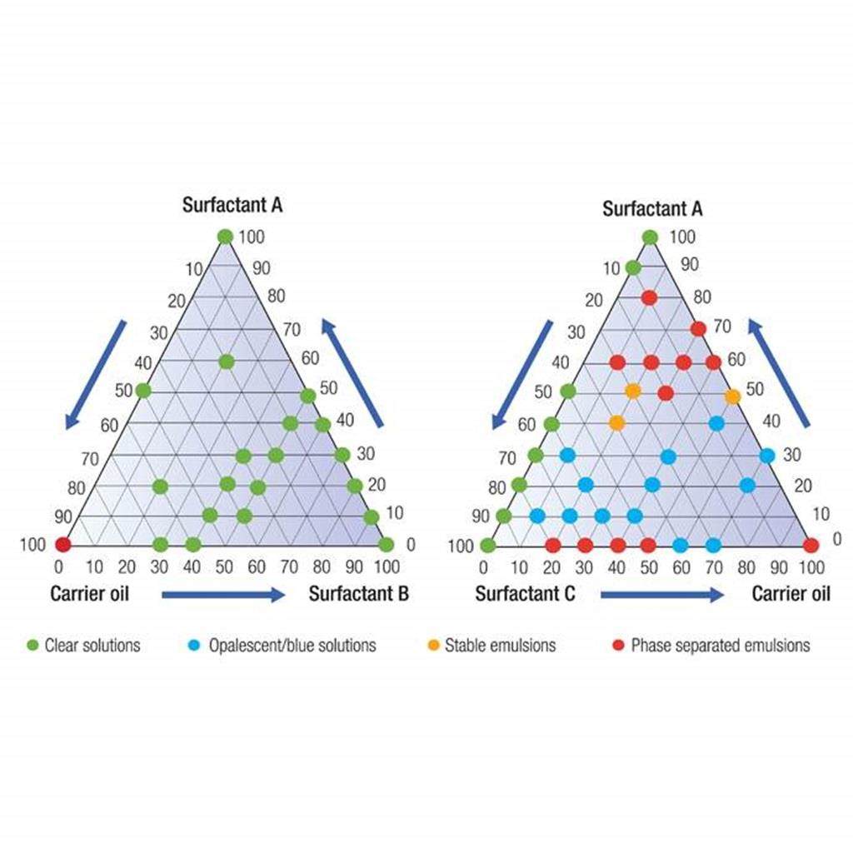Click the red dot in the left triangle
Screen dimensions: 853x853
tap(62, 545)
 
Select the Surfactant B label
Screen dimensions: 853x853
tap(358, 594)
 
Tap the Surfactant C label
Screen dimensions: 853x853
tap(526, 594)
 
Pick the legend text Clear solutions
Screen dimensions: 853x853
tap(92, 645)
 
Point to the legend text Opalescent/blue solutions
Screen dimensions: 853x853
tap(292, 645)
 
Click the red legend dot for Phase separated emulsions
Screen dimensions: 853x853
tap(617, 645)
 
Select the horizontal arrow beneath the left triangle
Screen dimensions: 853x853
tap(223, 594)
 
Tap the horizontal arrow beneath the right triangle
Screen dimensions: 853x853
tap(662, 594)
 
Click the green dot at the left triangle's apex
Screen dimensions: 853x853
tap(225, 237)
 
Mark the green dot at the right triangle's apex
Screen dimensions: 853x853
tap(651, 237)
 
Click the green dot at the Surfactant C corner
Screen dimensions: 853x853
tap(488, 546)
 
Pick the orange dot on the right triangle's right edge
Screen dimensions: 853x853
tap(732, 397)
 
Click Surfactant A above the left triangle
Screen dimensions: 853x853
tap(232, 205)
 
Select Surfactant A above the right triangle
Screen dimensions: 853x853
tap(652, 208)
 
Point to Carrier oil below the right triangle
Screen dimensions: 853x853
tap(791, 594)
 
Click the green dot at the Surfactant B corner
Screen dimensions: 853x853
tap(386, 545)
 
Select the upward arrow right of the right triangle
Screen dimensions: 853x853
tap(779, 372)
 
